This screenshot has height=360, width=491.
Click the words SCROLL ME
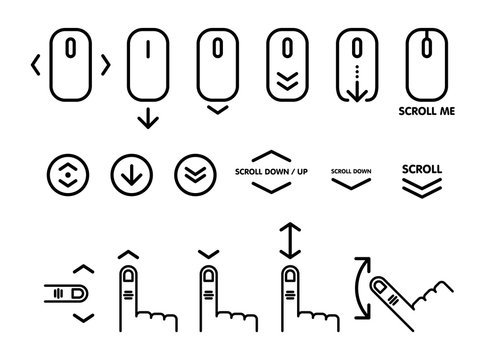pos(427,112)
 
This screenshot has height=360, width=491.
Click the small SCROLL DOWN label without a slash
pos(350,171)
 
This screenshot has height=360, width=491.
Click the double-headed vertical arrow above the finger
pos(290,241)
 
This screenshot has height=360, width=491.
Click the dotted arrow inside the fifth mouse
pos(357,77)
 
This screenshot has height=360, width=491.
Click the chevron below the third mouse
pos(217,110)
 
